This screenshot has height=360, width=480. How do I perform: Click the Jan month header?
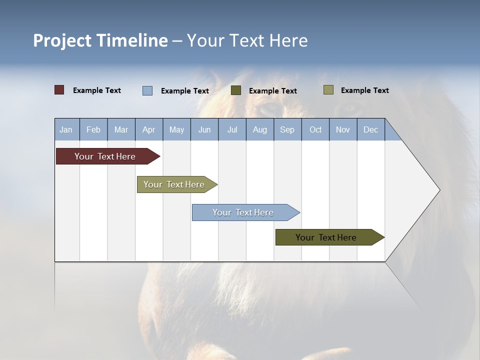point(66,129)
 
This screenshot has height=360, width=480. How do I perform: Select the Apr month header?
point(149,129)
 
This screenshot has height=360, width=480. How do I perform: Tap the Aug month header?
point(260,129)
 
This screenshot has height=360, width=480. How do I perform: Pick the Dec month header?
point(371,129)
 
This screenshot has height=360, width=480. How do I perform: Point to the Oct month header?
point(315,129)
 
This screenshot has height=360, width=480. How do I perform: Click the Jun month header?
point(204,129)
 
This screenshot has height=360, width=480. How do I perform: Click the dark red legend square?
point(59,90)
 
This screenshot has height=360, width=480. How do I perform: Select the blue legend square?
point(147,90)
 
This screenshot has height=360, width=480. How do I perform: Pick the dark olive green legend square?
point(236,90)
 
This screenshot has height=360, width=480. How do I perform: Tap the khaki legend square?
point(328,90)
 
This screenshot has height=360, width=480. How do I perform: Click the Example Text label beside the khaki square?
point(364,90)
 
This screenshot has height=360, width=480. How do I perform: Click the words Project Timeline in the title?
point(100,40)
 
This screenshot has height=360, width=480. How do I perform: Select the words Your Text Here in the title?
point(247,40)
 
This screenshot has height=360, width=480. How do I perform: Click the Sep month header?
point(287,129)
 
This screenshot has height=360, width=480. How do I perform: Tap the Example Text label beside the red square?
point(97,90)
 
